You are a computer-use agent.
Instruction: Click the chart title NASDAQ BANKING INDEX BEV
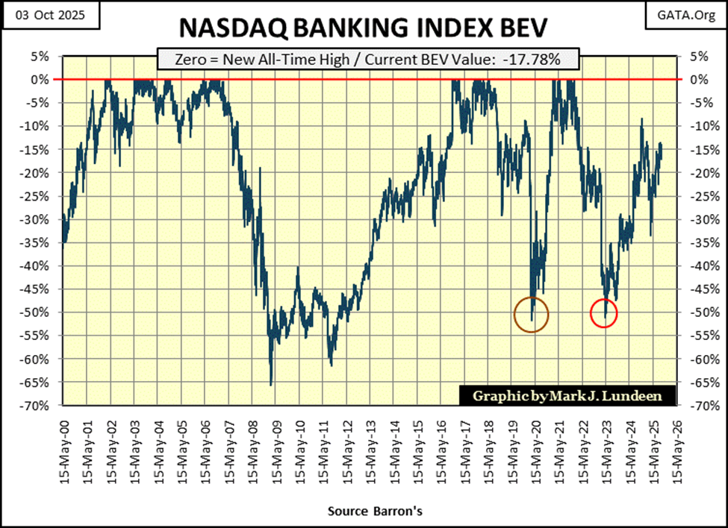[x=364, y=28]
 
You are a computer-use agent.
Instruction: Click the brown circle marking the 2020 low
[x=532, y=315]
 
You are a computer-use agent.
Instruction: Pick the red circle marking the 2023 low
[x=603, y=313]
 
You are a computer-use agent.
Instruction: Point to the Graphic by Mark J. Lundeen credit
[x=565, y=395]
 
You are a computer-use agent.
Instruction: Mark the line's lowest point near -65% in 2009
[x=271, y=384]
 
